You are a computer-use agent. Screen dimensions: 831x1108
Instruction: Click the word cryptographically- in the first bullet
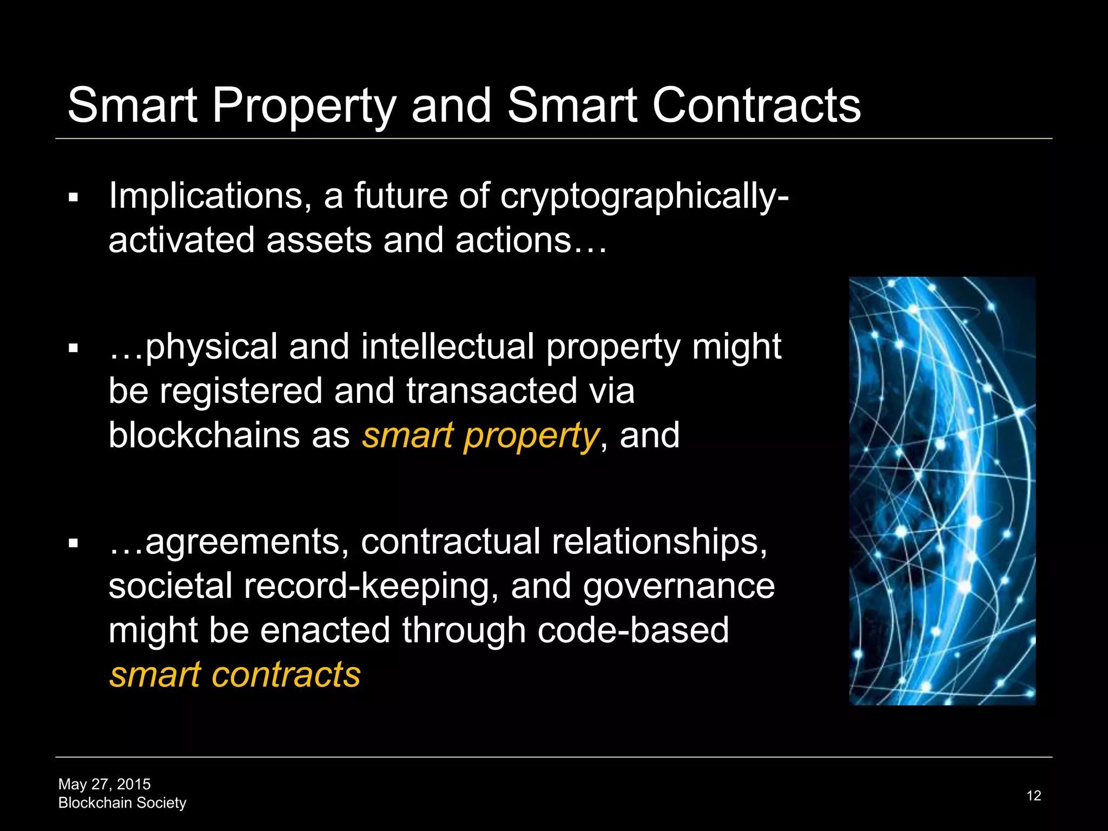pyautogui.click(x=644, y=196)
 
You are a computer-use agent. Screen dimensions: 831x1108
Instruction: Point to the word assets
pyautogui.click(x=319, y=240)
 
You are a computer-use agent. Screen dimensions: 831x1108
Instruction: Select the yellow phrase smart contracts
pyautogui.click(x=235, y=675)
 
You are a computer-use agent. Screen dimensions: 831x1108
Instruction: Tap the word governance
pyautogui.click(x=678, y=586)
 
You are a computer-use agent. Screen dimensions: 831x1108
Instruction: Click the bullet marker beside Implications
pyautogui.click(x=74, y=198)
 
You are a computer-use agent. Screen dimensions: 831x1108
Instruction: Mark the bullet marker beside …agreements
pyautogui.click(x=74, y=543)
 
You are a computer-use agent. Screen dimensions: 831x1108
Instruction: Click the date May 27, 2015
pyautogui.click(x=104, y=784)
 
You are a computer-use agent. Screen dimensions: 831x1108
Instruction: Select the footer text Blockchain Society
pyautogui.click(x=122, y=803)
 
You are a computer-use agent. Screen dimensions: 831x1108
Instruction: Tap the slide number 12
pyautogui.click(x=1033, y=796)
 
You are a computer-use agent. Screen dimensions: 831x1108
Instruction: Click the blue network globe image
pyautogui.click(x=942, y=491)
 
